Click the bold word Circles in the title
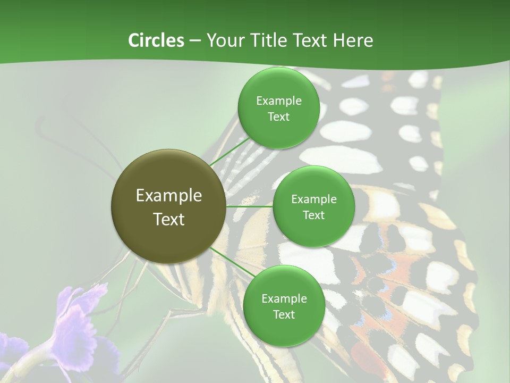coord(156,40)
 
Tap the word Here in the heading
coord(353,40)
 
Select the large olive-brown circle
coord(168,206)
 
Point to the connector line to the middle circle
coord(249,206)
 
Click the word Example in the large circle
coord(169,195)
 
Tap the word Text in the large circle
coord(169,219)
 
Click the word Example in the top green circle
coord(279,101)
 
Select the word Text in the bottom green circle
coord(284,314)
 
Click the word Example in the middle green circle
coord(313,199)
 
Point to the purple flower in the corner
coord(80,319)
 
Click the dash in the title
coord(194,40)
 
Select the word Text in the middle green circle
coord(313,215)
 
